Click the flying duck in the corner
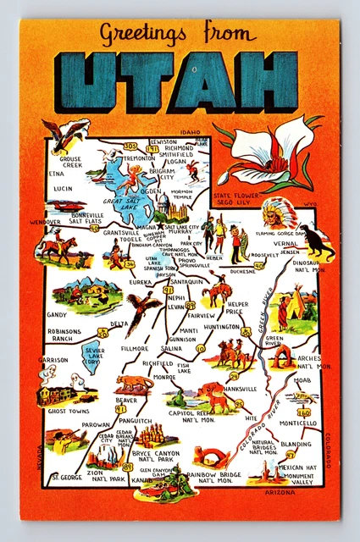(x=66, y=133)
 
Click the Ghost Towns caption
(x=68, y=411)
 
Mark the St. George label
(x=65, y=478)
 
